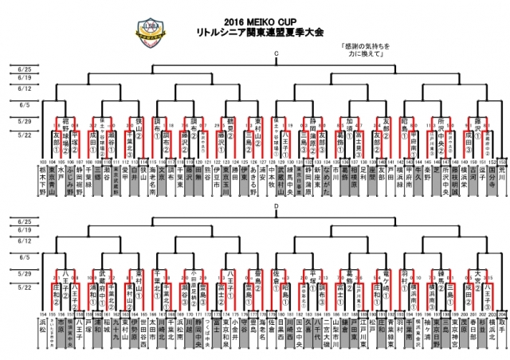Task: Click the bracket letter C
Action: (x=276, y=54)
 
